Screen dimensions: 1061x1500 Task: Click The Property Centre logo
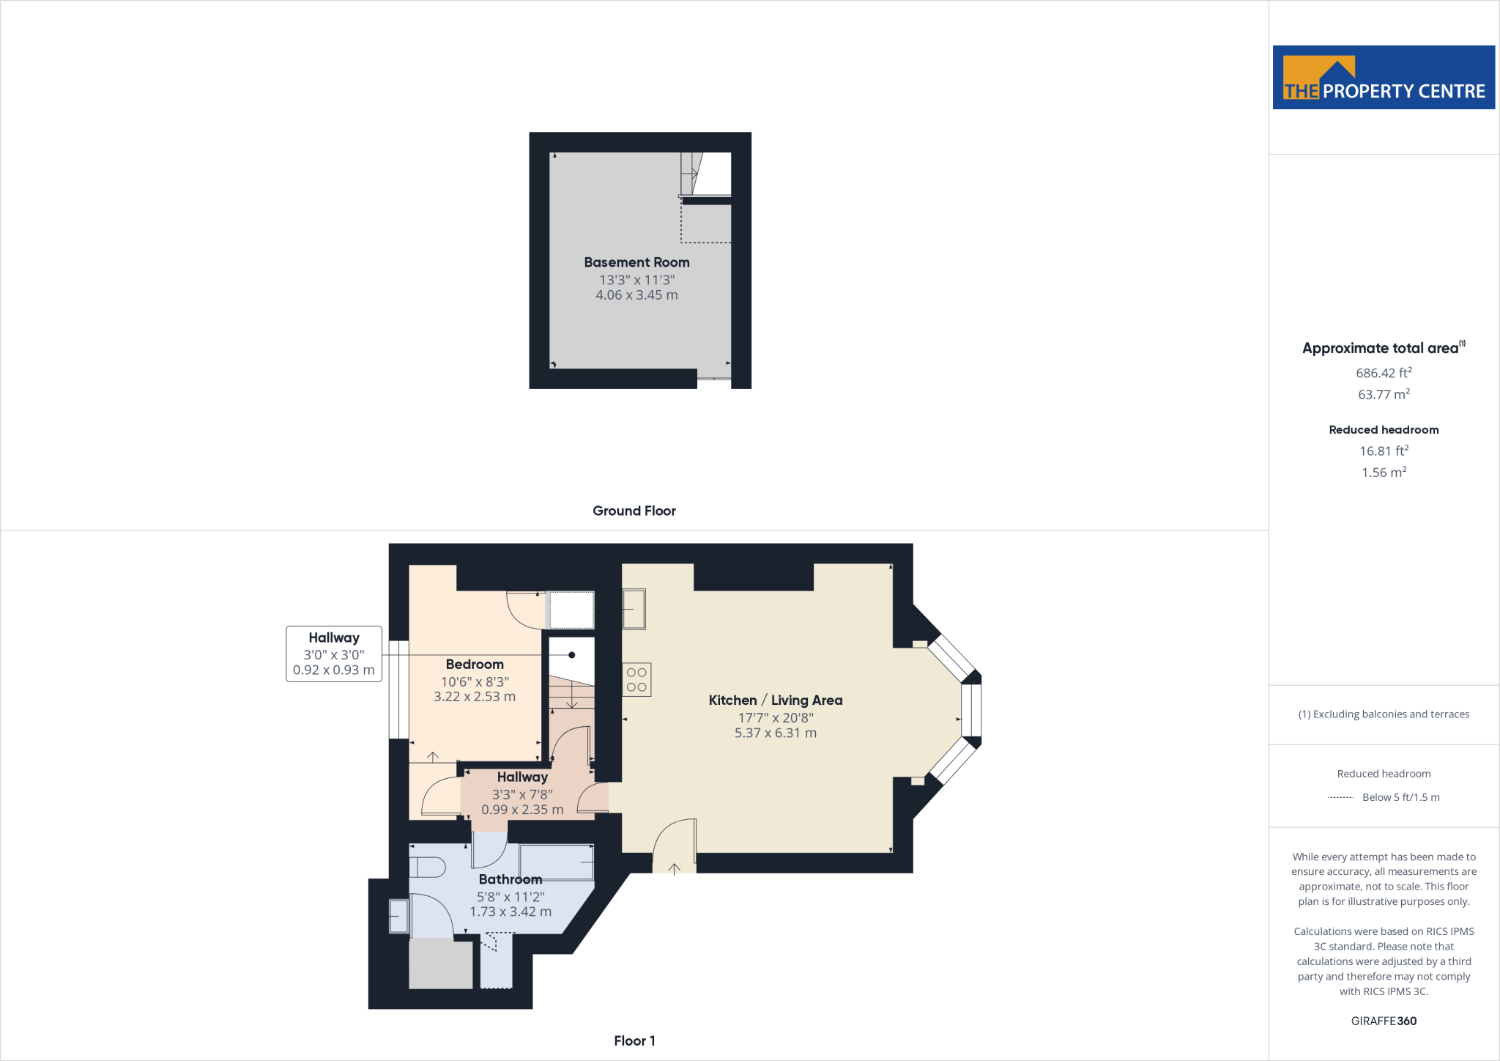(x=1384, y=78)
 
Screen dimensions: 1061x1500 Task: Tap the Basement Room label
(x=636, y=262)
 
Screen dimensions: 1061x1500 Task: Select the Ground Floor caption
(x=634, y=511)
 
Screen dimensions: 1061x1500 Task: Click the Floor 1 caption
(x=634, y=1040)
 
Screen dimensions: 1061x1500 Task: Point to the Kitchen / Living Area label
(x=776, y=700)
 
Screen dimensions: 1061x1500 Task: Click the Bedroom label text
(x=475, y=665)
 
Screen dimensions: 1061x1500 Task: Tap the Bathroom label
(x=510, y=879)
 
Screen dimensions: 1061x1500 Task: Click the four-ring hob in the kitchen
(x=636, y=680)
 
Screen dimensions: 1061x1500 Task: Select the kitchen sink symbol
(x=634, y=609)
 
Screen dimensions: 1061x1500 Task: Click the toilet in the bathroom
(x=426, y=868)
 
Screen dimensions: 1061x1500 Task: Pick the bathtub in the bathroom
(x=557, y=862)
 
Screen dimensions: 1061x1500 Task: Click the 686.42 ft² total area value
(x=1384, y=373)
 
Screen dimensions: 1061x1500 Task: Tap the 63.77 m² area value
(x=1384, y=394)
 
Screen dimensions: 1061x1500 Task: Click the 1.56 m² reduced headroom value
(x=1384, y=473)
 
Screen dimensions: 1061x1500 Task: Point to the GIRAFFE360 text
(x=1384, y=1021)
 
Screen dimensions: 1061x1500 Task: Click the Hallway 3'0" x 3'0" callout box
(x=334, y=654)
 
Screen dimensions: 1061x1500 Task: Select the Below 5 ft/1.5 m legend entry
(x=1400, y=797)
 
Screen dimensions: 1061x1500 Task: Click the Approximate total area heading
(x=1381, y=349)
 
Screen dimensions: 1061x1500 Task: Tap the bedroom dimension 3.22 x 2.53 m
(x=475, y=697)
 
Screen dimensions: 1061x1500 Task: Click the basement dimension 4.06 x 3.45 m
(x=636, y=295)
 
